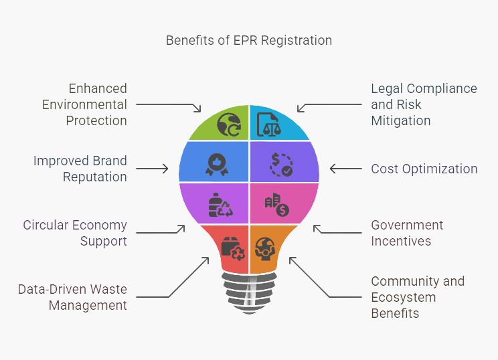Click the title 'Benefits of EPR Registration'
[x=248, y=40]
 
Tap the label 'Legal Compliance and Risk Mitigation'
[x=424, y=104]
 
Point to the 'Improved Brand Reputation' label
[x=80, y=169]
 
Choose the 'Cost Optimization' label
[x=424, y=169]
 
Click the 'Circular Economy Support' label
[x=75, y=233]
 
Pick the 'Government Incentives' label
[x=407, y=233]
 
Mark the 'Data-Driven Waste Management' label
[x=72, y=297]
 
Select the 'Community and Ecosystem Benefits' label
[x=418, y=297]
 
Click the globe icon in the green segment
[x=228, y=125]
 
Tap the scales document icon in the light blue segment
[x=269, y=125]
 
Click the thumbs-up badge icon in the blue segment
[x=216, y=164]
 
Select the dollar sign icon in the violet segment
[x=281, y=164]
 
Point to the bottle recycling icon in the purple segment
[x=220, y=205]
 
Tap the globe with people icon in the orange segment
[x=266, y=248]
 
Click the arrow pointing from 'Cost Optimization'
[x=345, y=169]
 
